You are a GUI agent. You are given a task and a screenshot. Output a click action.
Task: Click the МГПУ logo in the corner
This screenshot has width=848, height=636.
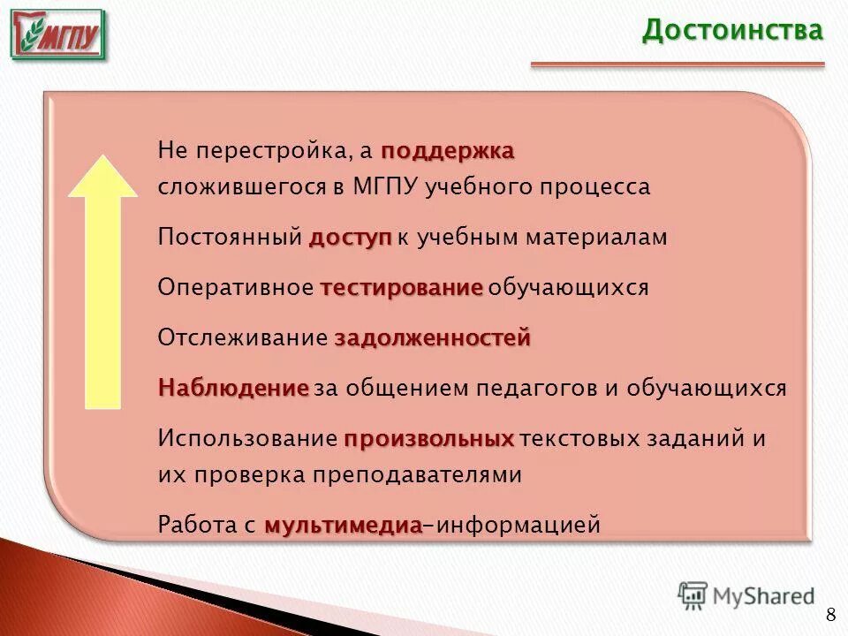[58, 35]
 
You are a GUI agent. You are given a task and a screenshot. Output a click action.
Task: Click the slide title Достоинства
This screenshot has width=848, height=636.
[732, 30]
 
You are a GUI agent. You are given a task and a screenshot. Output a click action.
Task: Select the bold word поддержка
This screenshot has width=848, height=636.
[448, 151]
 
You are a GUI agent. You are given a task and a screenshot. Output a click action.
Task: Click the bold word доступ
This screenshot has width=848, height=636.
[350, 238]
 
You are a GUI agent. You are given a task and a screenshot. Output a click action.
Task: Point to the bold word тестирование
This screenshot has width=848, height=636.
[402, 288]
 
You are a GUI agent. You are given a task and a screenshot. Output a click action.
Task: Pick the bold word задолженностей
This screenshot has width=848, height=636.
[433, 338]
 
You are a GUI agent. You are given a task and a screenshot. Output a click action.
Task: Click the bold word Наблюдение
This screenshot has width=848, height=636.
[233, 389]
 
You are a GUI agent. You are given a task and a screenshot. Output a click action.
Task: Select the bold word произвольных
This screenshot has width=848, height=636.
[429, 439]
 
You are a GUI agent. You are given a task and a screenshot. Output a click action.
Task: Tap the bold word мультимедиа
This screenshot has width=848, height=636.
[343, 526]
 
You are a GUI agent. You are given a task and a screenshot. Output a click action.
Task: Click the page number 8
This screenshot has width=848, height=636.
[830, 616]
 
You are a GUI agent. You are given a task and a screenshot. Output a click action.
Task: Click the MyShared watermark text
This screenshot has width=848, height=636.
[763, 596]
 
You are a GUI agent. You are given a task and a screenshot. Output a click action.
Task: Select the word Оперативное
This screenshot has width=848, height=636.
[236, 288]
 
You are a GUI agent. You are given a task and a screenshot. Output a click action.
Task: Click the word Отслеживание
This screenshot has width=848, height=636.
[243, 338]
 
